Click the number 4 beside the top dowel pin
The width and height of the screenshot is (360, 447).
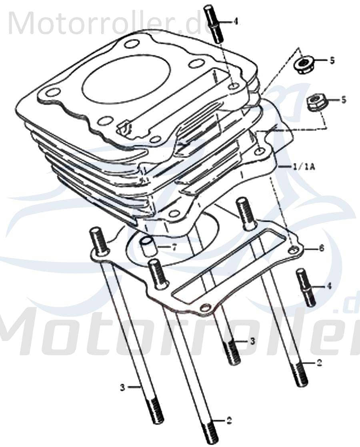pos(236,21)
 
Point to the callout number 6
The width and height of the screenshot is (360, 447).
pos(321,249)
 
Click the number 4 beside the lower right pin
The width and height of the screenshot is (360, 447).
pos(329,286)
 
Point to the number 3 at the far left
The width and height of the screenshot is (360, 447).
pos(123,387)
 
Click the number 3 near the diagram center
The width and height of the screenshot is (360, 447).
pos(252,341)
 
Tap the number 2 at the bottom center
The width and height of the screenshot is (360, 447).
pos(229,421)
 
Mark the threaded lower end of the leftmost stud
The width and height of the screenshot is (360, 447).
pos(156,411)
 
